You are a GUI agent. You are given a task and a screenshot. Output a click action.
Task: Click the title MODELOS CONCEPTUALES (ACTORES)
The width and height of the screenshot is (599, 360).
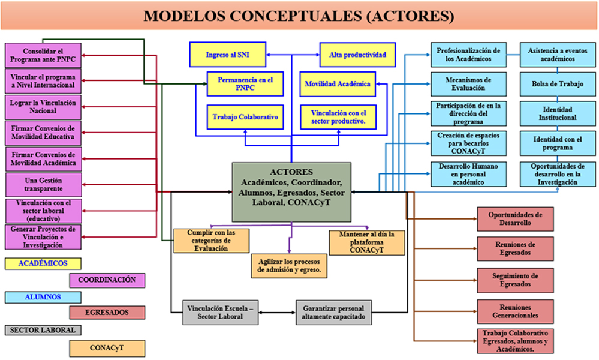[299, 16]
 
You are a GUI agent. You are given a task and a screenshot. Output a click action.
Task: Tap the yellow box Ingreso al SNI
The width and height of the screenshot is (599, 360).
[227, 55]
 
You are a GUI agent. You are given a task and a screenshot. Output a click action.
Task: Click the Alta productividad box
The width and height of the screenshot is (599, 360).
[357, 55]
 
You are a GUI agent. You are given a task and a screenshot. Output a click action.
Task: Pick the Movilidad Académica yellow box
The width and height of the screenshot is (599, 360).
[337, 84]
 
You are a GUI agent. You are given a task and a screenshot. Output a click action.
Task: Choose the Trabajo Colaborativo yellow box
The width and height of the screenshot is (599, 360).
[245, 117]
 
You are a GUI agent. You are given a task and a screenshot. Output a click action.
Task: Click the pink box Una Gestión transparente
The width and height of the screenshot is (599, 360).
[43, 184]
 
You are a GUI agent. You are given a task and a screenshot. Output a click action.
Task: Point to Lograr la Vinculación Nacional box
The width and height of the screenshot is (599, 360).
[43, 107]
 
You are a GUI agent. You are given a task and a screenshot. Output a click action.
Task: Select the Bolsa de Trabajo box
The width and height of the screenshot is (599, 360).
[558, 84]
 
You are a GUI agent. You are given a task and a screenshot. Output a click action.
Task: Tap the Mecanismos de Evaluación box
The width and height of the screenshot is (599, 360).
[468, 84]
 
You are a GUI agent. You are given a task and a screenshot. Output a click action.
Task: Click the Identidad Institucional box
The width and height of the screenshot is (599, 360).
[558, 114]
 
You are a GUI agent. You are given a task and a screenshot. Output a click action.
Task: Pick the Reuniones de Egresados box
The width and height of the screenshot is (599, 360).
[516, 248]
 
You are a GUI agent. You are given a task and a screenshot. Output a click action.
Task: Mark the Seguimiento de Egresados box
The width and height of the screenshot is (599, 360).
[516, 280]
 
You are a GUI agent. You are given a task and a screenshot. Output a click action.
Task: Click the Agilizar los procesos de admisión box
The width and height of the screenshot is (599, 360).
[289, 266]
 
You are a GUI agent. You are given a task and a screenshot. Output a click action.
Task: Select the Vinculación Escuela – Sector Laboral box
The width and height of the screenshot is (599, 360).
[220, 313]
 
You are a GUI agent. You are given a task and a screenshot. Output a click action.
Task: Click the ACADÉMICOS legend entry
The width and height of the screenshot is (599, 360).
[43, 263]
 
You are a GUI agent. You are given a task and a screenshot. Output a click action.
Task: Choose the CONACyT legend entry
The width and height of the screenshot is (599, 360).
[107, 347]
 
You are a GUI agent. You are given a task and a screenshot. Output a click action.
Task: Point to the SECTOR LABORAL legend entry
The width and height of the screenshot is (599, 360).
[43, 330]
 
